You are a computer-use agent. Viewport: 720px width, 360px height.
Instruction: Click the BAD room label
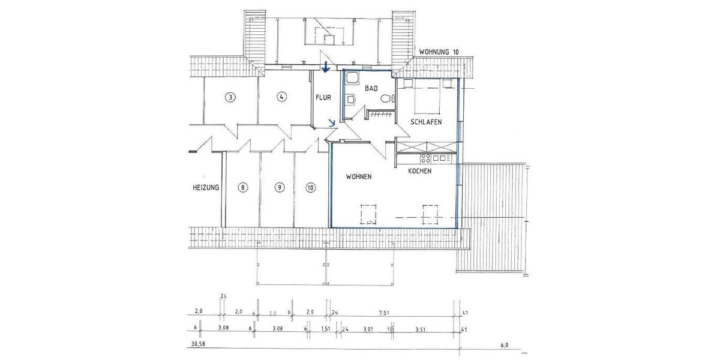371,88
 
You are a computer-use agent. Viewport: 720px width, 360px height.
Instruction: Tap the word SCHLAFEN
426,122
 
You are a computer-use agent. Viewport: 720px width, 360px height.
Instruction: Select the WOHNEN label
359,177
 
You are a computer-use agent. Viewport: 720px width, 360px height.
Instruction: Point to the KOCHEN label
419,172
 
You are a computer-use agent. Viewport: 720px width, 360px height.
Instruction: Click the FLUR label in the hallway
323,97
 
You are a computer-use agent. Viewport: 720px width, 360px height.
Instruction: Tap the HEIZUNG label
206,188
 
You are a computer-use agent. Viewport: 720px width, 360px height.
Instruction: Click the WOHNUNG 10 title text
439,52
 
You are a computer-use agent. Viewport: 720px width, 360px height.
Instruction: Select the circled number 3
229,97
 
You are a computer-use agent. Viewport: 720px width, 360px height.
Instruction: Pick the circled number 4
280,97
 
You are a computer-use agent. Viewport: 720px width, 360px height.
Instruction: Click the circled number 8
242,188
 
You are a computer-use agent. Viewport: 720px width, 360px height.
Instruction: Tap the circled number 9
279,188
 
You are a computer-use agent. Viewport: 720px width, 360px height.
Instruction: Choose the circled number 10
310,188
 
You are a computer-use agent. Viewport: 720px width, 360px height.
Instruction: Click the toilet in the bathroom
384,99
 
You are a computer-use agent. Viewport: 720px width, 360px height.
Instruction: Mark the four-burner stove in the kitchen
426,158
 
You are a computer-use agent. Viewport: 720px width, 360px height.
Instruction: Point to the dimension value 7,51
385,312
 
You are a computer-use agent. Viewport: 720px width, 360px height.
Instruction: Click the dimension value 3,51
420,329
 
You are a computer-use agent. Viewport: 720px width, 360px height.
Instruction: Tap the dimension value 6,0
504,345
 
